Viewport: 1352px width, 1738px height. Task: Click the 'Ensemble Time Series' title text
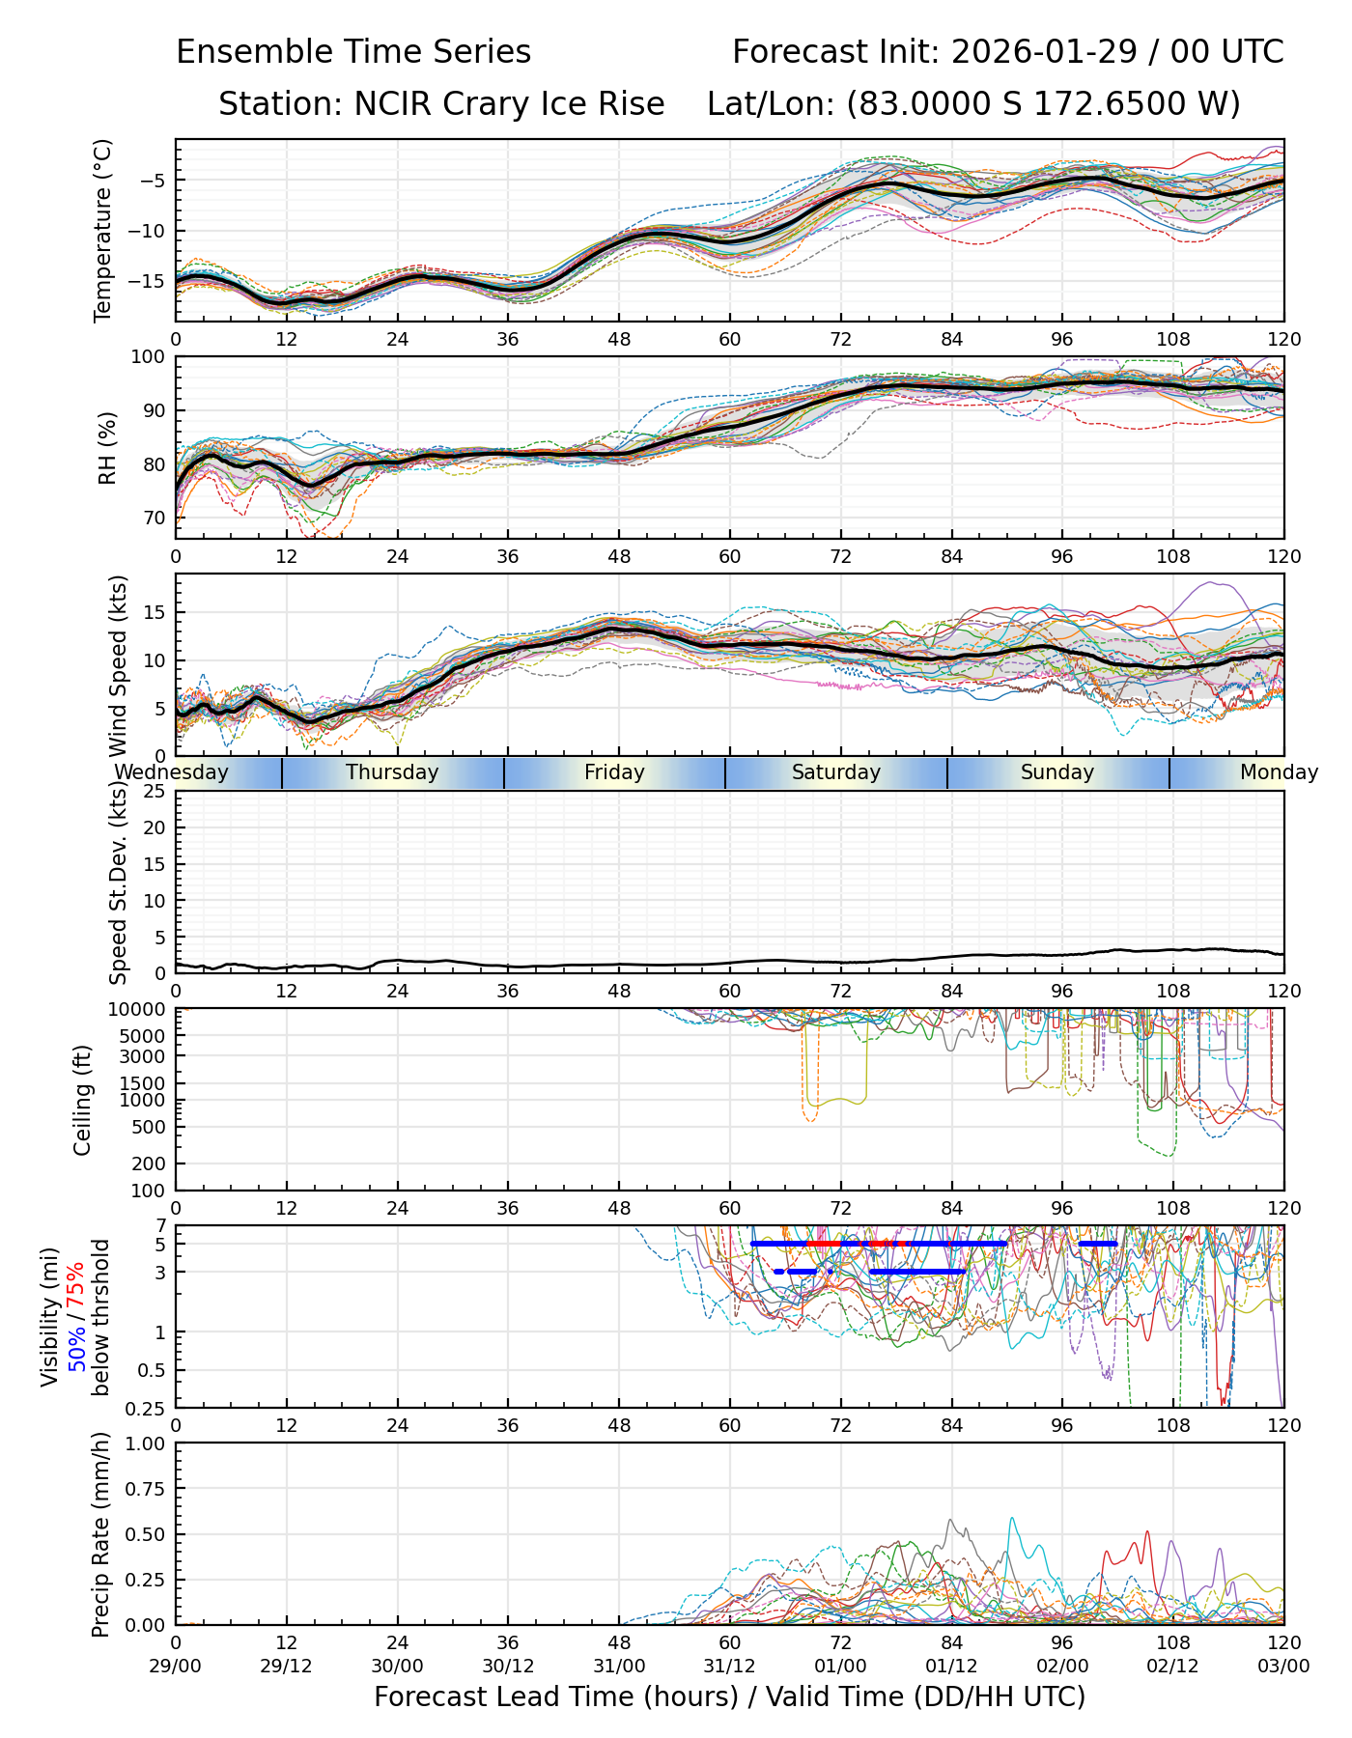pos(353,52)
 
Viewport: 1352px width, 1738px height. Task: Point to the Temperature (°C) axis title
pos(103,230)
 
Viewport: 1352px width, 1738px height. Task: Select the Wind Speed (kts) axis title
pos(118,665)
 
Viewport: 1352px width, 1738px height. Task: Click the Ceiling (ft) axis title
pos(83,1100)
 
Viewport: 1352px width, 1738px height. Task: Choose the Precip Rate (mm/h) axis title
pos(100,1534)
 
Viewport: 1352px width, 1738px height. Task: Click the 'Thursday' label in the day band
pos(392,772)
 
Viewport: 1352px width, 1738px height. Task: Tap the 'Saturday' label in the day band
pos(836,772)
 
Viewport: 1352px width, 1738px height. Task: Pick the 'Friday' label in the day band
pos(614,772)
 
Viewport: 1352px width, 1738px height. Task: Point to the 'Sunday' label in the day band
pos(1057,772)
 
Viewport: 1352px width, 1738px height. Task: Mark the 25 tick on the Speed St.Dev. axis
pos(155,792)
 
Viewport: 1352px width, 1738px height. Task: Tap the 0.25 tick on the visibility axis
pos(149,1408)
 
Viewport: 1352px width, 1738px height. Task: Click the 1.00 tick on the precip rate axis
pos(145,1444)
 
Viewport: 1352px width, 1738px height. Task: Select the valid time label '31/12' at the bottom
pos(730,1666)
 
